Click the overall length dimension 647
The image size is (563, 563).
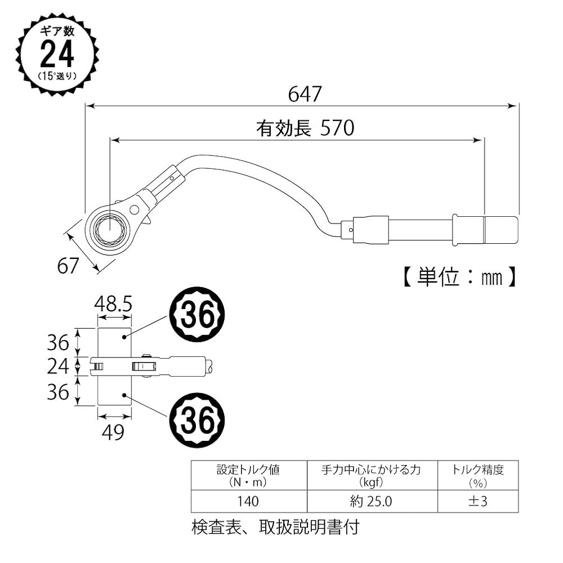click(305, 93)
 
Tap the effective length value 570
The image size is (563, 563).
click(337, 129)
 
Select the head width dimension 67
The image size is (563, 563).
click(68, 265)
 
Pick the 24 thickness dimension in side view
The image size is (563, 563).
click(58, 367)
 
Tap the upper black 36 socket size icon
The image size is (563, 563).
click(197, 317)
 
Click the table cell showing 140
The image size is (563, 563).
click(248, 501)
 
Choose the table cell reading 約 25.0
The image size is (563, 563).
click(372, 501)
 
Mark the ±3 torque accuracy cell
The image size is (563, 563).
click(477, 501)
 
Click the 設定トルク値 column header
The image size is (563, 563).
click(248, 475)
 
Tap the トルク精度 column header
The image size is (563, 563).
click(477, 475)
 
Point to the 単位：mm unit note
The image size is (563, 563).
click(459, 277)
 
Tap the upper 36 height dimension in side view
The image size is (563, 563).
click(58, 342)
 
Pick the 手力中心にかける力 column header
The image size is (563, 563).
click(372, 475)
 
